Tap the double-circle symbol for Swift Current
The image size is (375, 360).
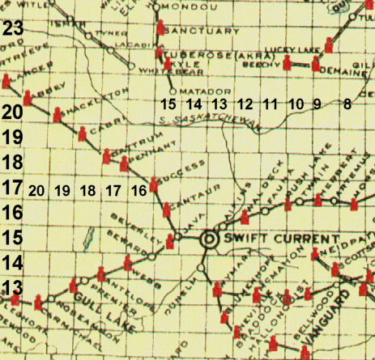(209, 238)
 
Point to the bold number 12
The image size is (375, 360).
(245, 104)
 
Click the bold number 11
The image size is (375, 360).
(271, 104)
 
